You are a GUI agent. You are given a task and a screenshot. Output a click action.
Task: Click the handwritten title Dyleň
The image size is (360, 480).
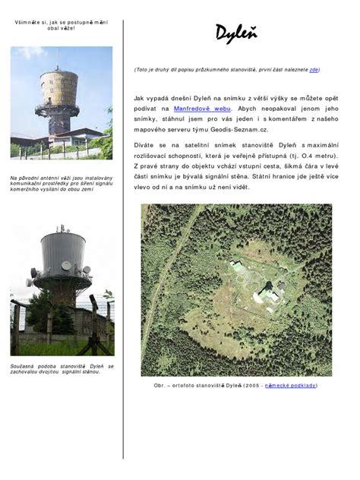[235, 33]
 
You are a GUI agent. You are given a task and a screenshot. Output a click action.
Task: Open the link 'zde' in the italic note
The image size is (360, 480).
[314, 70]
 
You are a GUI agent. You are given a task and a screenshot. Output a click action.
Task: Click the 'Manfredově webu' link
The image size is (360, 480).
[201, 109]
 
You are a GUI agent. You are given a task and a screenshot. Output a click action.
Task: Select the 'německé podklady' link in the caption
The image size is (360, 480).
[290, 385]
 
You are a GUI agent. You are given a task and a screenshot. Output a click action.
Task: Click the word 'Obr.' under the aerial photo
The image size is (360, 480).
[159, 385]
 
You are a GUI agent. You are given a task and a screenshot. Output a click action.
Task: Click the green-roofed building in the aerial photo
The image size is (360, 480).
[237, 266]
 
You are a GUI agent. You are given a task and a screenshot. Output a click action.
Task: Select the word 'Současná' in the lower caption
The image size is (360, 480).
[24, 366]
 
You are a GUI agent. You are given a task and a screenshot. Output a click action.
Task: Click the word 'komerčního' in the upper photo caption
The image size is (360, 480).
[26, 189]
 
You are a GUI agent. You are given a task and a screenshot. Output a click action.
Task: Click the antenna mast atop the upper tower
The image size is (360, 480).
[57, 58]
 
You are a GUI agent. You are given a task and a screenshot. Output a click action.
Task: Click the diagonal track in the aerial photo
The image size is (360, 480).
[171, 251]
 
